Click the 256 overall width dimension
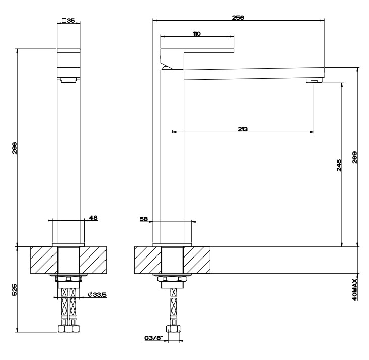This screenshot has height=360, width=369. (x=238, y=18)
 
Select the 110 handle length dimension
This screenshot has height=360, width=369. (x=197, y=34)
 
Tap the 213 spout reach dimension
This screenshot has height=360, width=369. (x=243, y=129)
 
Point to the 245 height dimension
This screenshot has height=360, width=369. (x=339, y=165)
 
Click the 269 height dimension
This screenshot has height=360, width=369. (x=355, y=158)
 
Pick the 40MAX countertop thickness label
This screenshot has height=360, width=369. (x=355, y=289)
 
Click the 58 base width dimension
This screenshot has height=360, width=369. (x=143, y=219)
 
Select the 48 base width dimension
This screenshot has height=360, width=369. (x=93, y=217)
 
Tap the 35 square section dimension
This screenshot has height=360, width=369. (x=68, y=21)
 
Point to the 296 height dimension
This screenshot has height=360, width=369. (x=14, y=148)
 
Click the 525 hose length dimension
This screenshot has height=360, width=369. (x=14, y=290)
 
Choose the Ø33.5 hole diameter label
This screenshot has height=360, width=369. (x=97, y=294)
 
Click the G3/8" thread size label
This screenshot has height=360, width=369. (x=153, y=338)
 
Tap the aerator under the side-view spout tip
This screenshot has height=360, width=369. (x=314, y=80)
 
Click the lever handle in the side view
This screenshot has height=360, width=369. (x=197, y=58)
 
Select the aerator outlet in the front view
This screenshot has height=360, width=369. (x=69, y=80)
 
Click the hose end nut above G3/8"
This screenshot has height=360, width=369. (x=174, y=329)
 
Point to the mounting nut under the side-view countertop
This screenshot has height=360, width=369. (x=173, y=279)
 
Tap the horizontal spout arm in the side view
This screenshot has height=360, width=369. (x=254, y=74)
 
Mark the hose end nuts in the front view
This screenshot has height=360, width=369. (x=69, y=329)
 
